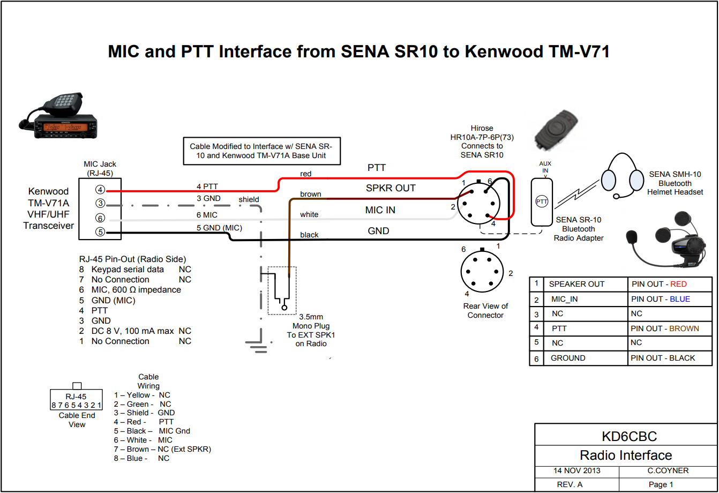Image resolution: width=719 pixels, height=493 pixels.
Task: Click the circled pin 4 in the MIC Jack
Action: click(x=100, y=190)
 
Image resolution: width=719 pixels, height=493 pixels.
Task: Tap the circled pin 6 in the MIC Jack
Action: click(x=100, y=218)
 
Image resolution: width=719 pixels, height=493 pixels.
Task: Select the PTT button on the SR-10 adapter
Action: click(x=541, y=201)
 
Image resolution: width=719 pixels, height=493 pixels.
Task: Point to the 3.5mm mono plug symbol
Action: click(x=281, y=290)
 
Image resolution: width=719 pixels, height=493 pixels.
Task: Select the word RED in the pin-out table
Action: click(x=678, y=285)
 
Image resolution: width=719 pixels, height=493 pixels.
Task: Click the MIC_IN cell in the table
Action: click(x=565, y=299)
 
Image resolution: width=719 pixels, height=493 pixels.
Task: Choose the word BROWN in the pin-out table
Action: click(x=684, y=328)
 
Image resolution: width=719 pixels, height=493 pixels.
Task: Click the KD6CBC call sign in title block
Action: click(x=625, y=436)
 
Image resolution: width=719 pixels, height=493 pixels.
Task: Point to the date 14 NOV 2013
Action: click(x=577, y=471)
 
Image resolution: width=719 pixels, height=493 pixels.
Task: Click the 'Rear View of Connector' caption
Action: click(x=485, y=311)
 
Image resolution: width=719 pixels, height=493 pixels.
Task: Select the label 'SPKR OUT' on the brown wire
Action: click(x=391, y=188)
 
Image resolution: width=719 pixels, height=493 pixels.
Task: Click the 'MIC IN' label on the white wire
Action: click(x=380, y=210)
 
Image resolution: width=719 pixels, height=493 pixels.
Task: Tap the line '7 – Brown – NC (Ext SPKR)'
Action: click(x=162, y=449)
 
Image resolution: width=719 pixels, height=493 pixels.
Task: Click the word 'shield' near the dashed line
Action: click(x=249, y=199)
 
